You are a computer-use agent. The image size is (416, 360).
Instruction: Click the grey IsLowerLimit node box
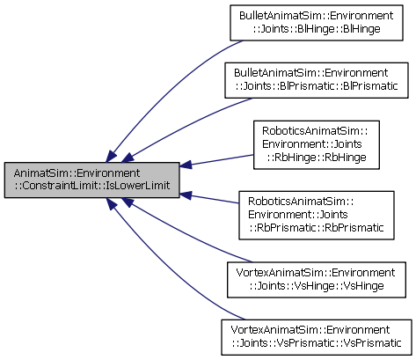[x=91, y=180]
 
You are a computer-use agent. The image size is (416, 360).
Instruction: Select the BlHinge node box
[x=317, y=23]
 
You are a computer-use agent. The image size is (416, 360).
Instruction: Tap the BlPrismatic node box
[x=317, y=80]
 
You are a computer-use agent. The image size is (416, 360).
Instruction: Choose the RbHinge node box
[x=317, y=144]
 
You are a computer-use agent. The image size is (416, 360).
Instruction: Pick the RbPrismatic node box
[x=317, y=216]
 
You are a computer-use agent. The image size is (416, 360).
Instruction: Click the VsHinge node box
[x=317, y=280]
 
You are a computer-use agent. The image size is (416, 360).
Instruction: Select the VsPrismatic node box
[x=317, y=337]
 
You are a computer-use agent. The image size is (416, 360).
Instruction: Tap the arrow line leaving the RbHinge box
[x=216, y=160]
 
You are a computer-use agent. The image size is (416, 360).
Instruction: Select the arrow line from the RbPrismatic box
[x=209, y=198]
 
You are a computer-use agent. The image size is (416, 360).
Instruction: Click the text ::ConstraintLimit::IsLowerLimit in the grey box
[x=91, y=186]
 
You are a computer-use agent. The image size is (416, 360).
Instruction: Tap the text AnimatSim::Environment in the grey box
[x=77, y=173]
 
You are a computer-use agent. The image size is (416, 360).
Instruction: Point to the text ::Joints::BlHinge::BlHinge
[x=317, y=29]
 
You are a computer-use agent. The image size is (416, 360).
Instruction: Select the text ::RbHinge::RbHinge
[x=317, y=158]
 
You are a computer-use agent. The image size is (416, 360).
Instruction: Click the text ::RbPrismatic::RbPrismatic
[x=317, y=228]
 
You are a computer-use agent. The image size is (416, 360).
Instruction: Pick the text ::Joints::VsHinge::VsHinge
[x=317, y=286]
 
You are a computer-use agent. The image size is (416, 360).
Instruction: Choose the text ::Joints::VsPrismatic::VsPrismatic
[x=317, y=343]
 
